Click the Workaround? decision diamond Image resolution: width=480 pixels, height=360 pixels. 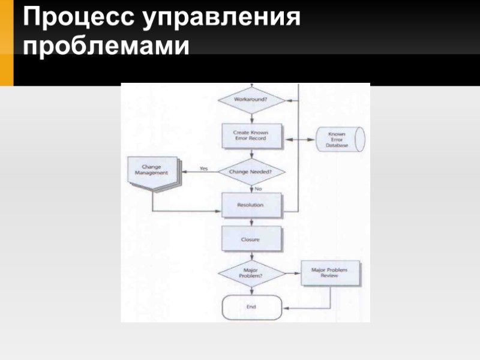pyautogui.click(x=251, y=100)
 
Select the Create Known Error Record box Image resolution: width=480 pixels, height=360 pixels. pyautogui.click(x=251, y=136)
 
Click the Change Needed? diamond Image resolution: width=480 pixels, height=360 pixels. pyautogui.click(x=251, y=171)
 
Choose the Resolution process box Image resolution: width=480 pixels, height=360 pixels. pyautogui.click(x=251, y=205)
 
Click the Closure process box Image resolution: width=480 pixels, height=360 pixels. pyautogui.click(x=251, y=239)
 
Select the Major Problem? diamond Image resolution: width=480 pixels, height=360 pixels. pyautogui.click(x=251, y=273)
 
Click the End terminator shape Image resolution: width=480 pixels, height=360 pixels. pyautogui.click(x=251, y=307)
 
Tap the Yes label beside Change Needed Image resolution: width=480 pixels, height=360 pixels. pyautogui.click(x=203, y=169)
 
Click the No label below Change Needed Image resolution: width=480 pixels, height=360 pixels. pyautogui.click(x=259, y=188)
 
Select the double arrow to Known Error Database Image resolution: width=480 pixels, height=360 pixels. pyautogui.click(x=299, y=139)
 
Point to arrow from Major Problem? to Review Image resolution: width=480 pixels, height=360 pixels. pyautogui.click(x=292, y=274)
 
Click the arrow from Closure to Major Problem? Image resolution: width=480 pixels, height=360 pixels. pyautogui.click(x=251, y=256)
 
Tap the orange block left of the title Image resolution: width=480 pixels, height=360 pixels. pyautogui.click(x=6, y=42)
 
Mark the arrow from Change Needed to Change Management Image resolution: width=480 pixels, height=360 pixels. pyautogui.click(x=198, y=172)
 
